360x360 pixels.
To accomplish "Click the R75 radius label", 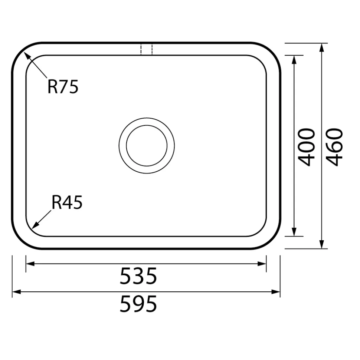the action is click(x=63, y=86).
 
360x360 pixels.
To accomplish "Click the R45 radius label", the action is click(x=67, y=202).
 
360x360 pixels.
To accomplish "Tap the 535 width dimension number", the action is click(x=138, y=276).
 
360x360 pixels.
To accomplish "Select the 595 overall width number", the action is click(x=138, y=304).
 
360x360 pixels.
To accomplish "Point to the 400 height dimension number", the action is click(x=306, y=147).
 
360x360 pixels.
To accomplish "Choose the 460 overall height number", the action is click(x=334, y=147).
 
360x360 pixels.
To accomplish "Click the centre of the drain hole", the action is click(x=147, y=146).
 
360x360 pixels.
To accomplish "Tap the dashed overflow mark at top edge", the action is click(x=147, y=49).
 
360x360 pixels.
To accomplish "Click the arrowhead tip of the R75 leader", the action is click(x=24, y=52).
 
